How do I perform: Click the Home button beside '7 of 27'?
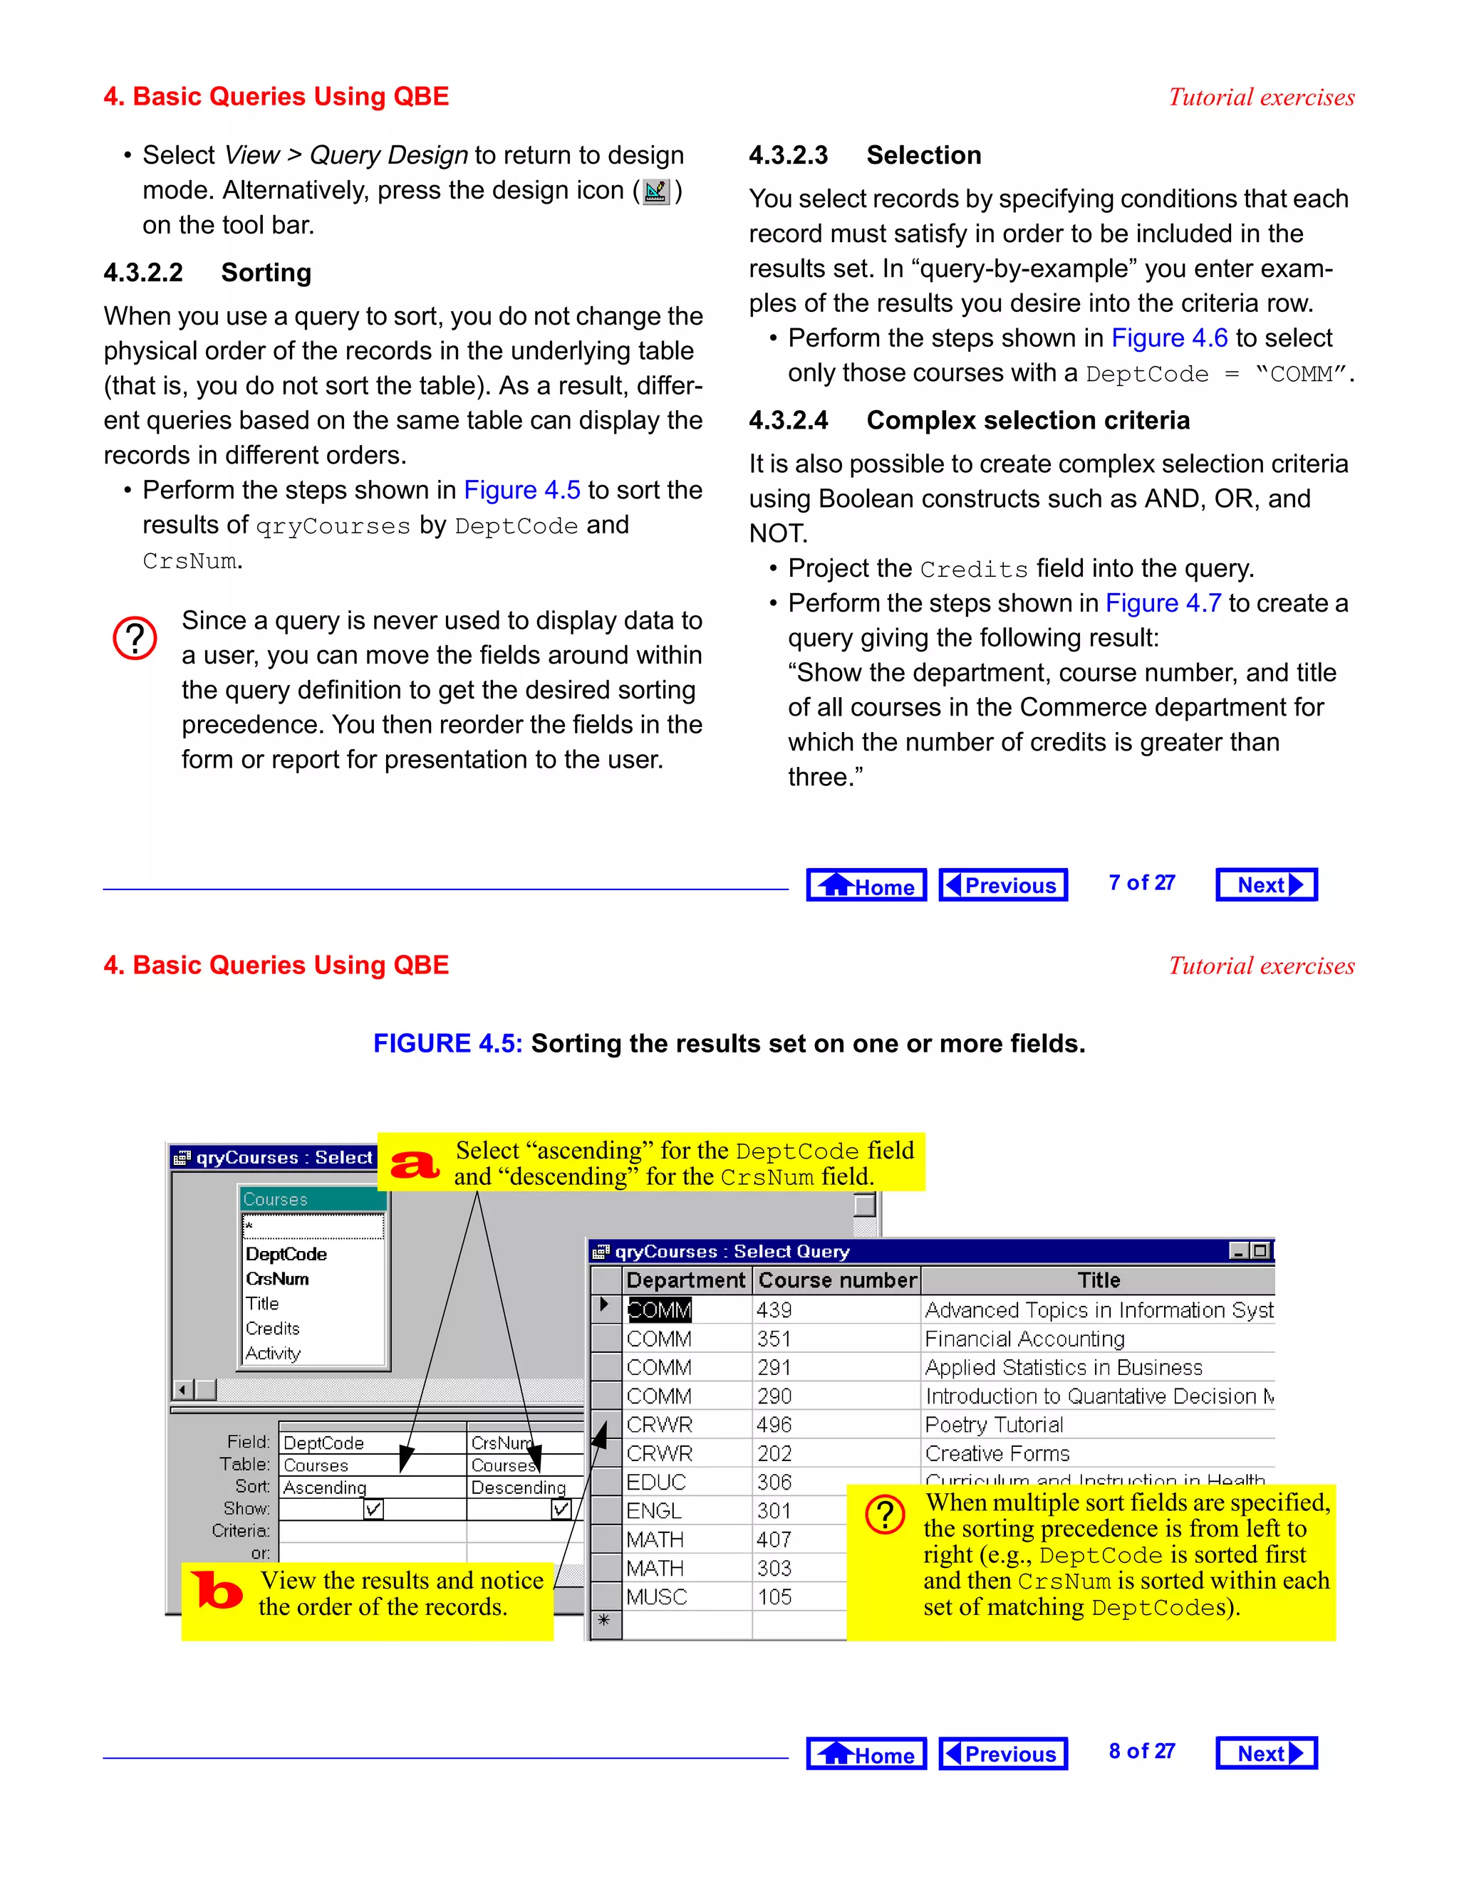pyautogui.click(x=866, y=884)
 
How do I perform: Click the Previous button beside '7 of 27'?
pyautogui.click(x=1002, y=884)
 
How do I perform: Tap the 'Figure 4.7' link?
pyautogui.click(x=1163, y=603)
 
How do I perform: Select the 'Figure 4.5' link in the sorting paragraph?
pyautogui.click(x=521, y=490)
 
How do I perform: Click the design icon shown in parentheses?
pyautogui.click(x=656, y=191)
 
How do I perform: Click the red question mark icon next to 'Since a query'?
pyautogui.click(x=135, y=639)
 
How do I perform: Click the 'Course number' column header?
pyautogui.click(x=836, y=1280)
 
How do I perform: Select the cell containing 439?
pyautogui.click(x=774, y=1310)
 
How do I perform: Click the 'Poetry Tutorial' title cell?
pyautogui.click(x=994, y=1425)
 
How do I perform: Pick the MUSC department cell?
pyautogui.click(x=657, y=1596)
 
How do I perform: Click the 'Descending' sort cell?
pyautogui.click(x=518, y=1487)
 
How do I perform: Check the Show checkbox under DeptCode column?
pyautogui.click(x=373, y=1509)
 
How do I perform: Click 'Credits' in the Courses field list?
pyautogui.click(x=272, y=1328)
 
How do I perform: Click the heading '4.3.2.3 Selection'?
pyautogui.click(x=864, y=155)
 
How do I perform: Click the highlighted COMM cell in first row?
pyautogui.click(x=659, y=1310)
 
